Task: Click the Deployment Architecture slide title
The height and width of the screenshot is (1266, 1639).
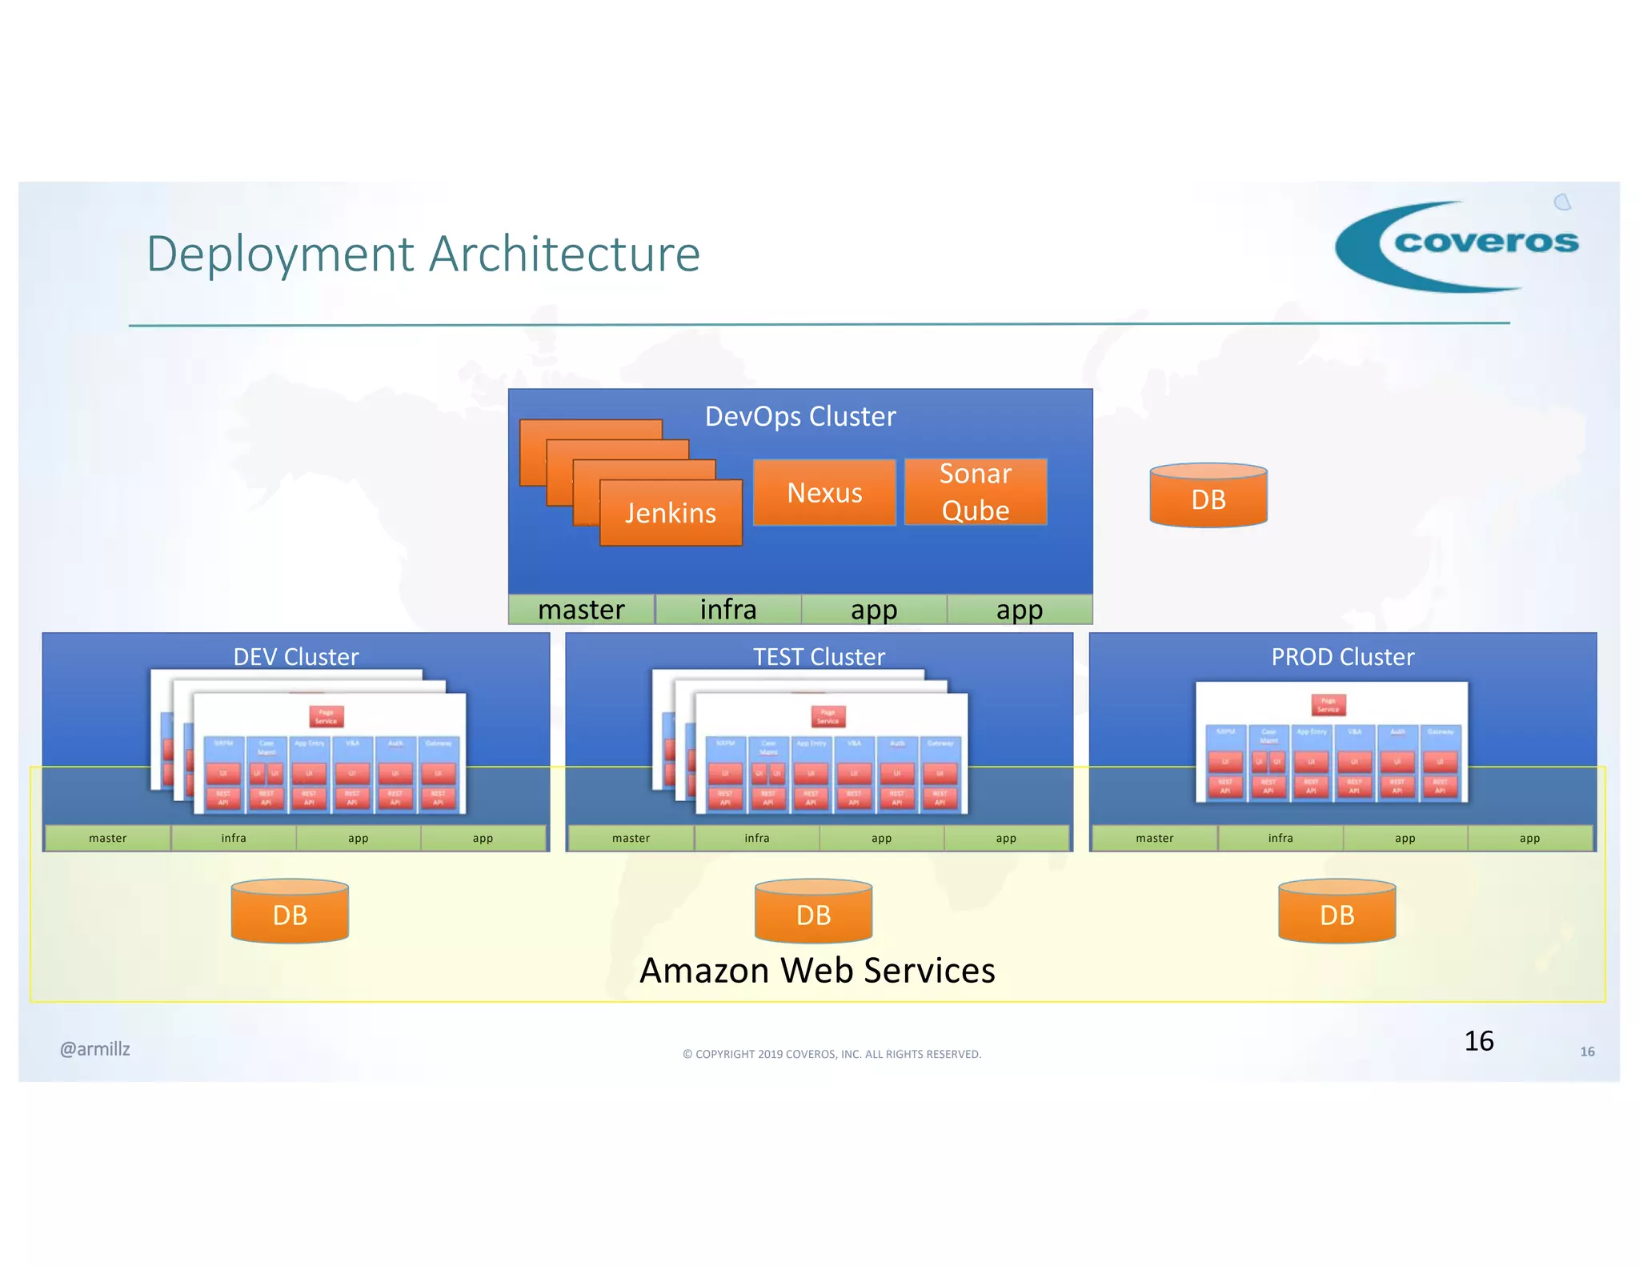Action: (423, 254)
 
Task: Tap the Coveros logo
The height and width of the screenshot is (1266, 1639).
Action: (1457, 245)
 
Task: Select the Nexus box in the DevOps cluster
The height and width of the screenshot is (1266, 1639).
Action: (824, 492)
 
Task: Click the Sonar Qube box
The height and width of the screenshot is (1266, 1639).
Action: (975, 491)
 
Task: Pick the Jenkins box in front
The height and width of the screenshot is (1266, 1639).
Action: (671, 513)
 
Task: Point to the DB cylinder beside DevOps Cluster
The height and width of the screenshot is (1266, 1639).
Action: (1208, 496)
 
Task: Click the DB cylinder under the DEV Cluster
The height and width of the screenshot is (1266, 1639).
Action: (290, 912)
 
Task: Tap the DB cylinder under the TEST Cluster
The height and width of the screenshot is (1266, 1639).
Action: (813, 912)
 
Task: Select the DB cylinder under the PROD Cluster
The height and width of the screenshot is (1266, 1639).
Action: (1336, 912)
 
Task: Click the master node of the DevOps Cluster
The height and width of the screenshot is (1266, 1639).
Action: (581, 610)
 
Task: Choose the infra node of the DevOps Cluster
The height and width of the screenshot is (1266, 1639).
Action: (727, 610)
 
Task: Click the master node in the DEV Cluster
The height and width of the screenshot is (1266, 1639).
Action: (108, 838)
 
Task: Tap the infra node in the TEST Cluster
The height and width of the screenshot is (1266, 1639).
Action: (756, 838)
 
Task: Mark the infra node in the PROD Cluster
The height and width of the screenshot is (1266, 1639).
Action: (1280, 838)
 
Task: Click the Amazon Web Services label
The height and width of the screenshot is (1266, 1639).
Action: (817, 970)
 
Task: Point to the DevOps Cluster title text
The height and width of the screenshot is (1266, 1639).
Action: (799, 416)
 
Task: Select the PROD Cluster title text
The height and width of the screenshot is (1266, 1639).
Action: (1342, 657)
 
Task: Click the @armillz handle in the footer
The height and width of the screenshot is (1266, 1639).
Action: (94, 1049)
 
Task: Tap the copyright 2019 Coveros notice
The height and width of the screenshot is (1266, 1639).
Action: (832, 1054)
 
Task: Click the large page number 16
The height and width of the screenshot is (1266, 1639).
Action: (1478, 1040)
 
